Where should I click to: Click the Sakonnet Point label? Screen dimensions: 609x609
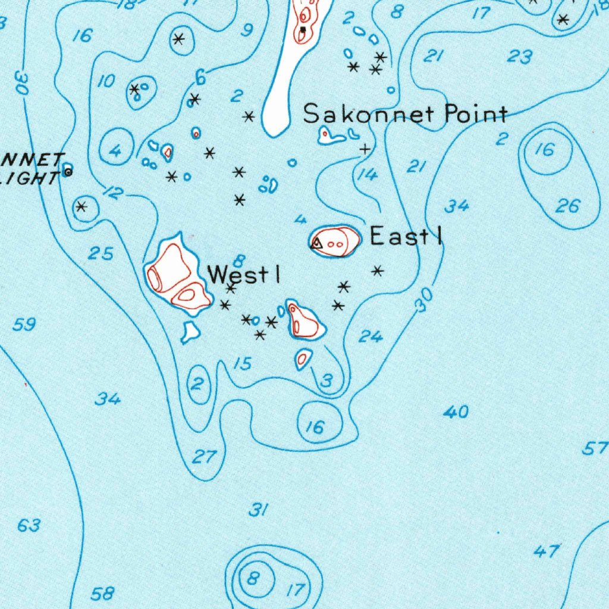[406, 114]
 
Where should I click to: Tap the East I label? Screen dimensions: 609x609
[406, 237]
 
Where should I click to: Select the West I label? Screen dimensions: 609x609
[243, 275]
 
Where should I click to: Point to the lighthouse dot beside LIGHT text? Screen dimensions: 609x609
[68, 172]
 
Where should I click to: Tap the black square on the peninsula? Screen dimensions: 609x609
[303, 29]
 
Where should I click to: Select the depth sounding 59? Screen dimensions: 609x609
[24, 325]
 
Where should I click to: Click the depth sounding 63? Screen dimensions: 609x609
[29, 525]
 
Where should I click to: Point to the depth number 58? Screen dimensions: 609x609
[102, 593]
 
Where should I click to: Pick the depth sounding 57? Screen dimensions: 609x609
[595, 448]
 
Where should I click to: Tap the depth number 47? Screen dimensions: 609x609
[546, 551]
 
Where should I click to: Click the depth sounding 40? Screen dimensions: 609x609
[456, 412]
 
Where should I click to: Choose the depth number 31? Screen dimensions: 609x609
[258, 510]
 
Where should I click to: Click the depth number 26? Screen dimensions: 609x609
[567, 206]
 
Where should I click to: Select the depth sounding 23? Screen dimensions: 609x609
[520, 56]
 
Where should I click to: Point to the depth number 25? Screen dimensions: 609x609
[101, 254]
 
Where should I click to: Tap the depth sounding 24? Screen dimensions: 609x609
[371, 337]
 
